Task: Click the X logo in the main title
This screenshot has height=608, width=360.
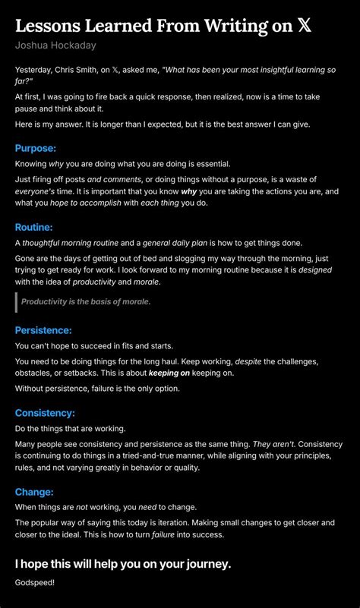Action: point(304,27)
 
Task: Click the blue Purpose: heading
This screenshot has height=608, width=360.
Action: point(36,148)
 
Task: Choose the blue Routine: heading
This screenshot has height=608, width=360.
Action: point(34,227)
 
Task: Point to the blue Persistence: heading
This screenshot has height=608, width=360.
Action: point(44,330)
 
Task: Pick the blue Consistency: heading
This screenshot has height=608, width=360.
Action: point(45,413)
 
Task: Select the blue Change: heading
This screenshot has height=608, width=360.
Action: point(34,492)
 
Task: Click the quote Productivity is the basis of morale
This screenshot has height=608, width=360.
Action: point(86,302)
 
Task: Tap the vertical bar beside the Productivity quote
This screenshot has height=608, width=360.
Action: point(16,302)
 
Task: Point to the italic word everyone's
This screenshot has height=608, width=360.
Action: point(36,191)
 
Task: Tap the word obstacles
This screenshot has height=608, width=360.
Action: point(36,373)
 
